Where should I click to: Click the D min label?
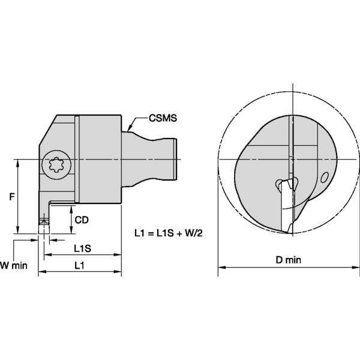[x=288, y=260]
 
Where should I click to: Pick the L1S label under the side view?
[x=82, y=248]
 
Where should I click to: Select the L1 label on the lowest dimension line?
[x=79, y=265]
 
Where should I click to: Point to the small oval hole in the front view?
[x=325, y=177]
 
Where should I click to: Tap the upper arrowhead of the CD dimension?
[x=72, y=207]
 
